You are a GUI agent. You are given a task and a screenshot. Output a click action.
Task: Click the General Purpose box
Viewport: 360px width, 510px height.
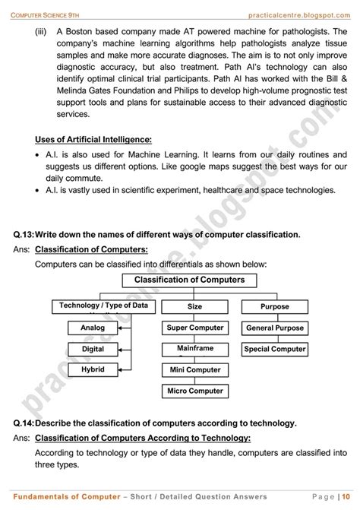coord(274,328)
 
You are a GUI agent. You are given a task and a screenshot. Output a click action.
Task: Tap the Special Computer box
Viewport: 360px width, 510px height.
coord(274,349)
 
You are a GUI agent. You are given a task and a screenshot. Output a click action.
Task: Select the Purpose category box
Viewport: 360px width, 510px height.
coord(274,306)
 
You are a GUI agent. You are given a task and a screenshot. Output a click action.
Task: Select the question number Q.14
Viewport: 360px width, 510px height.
coord(23,423)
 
